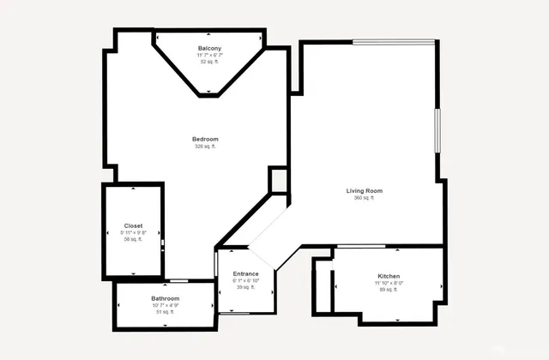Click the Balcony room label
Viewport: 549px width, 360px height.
[210, 48]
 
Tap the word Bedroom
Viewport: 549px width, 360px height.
[205, 140]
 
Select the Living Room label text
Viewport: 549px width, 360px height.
[364, 191]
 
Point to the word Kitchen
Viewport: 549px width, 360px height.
[389, 276]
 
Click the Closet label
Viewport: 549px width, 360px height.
[134, 226]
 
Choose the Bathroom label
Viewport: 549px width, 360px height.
[166, 298]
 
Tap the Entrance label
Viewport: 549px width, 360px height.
[245, 274]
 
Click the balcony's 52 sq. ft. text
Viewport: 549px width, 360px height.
[210, 62]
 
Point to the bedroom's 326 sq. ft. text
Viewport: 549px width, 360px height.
[205, 147]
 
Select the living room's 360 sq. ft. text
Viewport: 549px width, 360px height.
[364, 198]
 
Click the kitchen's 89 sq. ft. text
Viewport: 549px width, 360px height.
[389, 290]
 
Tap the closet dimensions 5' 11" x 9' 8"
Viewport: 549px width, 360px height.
[134, 233]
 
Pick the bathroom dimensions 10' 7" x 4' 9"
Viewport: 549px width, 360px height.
[166, 305]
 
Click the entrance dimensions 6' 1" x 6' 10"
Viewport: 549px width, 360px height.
[245, 281]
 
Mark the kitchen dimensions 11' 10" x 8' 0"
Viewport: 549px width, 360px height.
[389, 283]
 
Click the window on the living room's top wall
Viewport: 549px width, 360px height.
[395, 41]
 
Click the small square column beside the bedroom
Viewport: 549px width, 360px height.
[278, 180]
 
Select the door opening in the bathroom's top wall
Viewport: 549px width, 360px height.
[178, 281]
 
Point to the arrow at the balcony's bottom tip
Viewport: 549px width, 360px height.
[210, 91]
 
